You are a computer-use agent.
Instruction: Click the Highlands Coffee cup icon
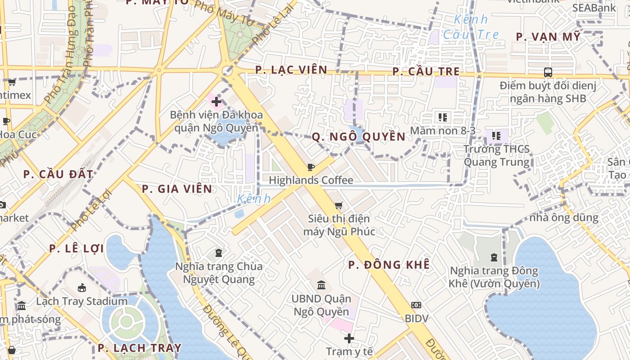pos(310,167)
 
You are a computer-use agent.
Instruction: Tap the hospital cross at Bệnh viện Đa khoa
pos(216,102)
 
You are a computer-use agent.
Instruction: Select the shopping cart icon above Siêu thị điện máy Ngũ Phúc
pos(339,206)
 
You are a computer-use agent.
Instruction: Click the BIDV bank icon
pos(416,305)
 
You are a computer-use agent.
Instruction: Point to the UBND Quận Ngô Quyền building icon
pos(321,285)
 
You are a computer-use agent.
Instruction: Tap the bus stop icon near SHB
pos(548,72)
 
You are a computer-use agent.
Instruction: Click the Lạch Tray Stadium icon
pos(82,288)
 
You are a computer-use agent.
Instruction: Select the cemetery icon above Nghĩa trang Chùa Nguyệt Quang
pos(219,253)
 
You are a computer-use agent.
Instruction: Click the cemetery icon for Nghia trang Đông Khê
pos(494,258)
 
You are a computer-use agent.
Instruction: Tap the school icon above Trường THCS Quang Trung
pos(496,135)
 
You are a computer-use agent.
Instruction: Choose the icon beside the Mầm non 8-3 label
pos(443,117)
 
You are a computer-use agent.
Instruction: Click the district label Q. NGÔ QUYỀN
pos(359,137)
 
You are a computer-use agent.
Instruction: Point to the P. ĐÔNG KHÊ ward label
pos(389,265)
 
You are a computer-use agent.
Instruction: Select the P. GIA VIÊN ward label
pos(177,189)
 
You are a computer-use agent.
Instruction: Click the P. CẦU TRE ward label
pos(426,72)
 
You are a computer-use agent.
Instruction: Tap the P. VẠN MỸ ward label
pos(548,37)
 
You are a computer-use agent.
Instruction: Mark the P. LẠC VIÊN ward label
pos(291,70)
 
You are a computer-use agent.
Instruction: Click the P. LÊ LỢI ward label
pos(76,248)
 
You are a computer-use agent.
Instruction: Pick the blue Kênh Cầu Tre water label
pos(471,27)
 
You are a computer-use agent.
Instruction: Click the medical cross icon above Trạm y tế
pos(349,338)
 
